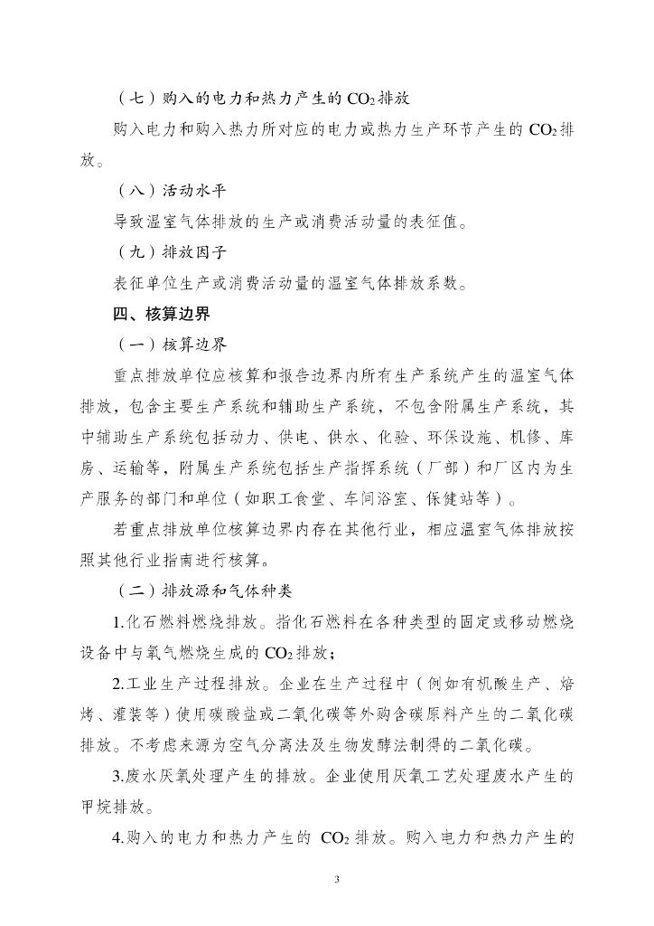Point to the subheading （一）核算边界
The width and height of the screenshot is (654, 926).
tap(172, 345)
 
